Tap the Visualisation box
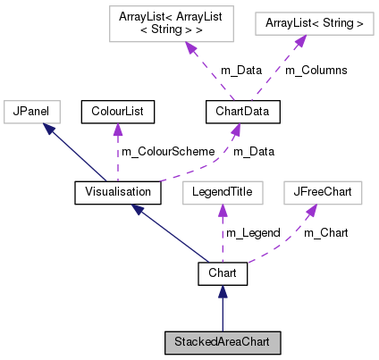[x=117, y=192]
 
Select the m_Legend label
[x=253, y=233]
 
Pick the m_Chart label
[x=325, y=233]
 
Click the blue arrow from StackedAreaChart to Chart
[x=223, y=308]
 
